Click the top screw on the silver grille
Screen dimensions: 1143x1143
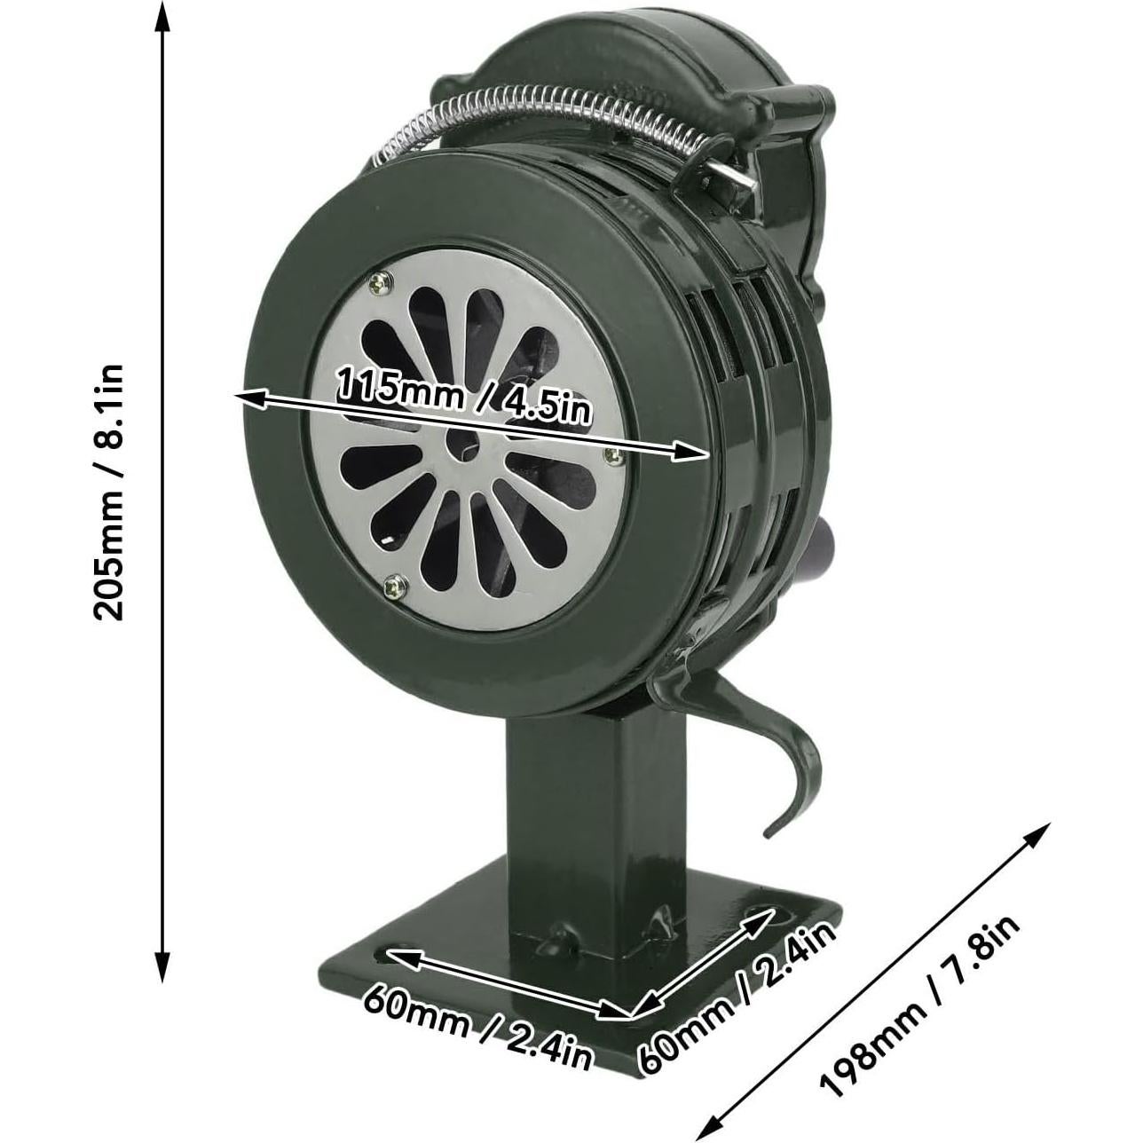pyautogui.click(x=382, y=282)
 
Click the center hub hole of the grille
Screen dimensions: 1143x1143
pyautogui.click(x=465, y=448)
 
